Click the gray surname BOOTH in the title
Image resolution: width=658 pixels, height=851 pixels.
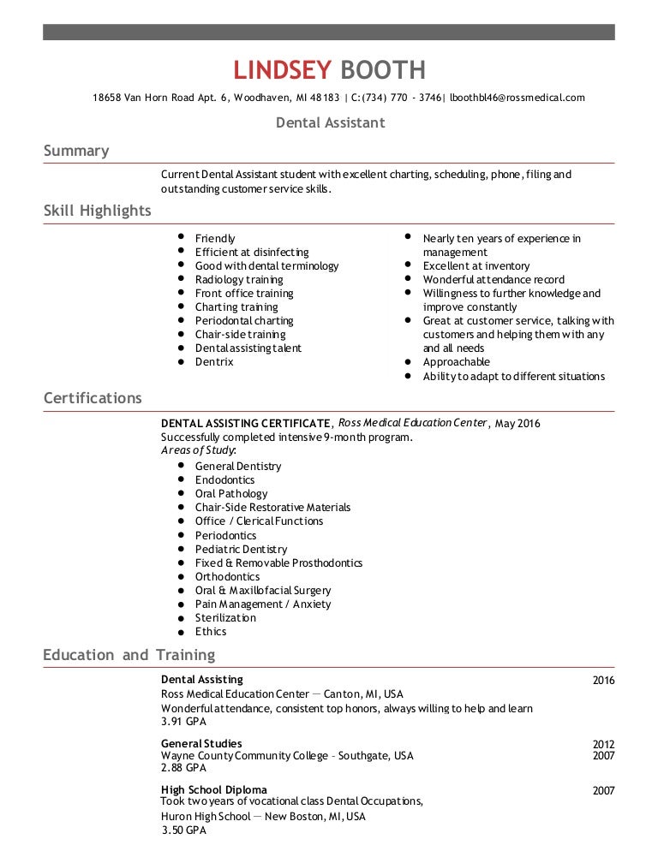382,70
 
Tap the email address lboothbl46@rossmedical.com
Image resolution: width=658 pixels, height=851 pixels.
517,98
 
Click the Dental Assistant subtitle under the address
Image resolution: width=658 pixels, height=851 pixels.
330,123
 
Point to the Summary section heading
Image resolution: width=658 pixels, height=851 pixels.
76,152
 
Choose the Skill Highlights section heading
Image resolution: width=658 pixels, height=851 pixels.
97,211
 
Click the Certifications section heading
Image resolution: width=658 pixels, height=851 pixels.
93,398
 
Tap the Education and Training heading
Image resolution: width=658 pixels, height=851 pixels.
129,655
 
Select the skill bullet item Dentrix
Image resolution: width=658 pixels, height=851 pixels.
214,362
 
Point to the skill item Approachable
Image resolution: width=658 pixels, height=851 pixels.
457,362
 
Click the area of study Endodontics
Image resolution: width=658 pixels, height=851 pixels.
224,480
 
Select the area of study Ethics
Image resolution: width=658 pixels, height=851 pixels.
211,632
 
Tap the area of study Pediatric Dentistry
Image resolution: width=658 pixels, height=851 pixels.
241,550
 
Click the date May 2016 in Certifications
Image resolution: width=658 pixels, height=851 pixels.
517,424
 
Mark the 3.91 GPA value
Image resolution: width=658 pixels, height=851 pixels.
184,722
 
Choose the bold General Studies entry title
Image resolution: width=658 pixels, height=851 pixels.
201,743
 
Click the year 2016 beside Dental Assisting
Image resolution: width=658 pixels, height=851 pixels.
603,681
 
